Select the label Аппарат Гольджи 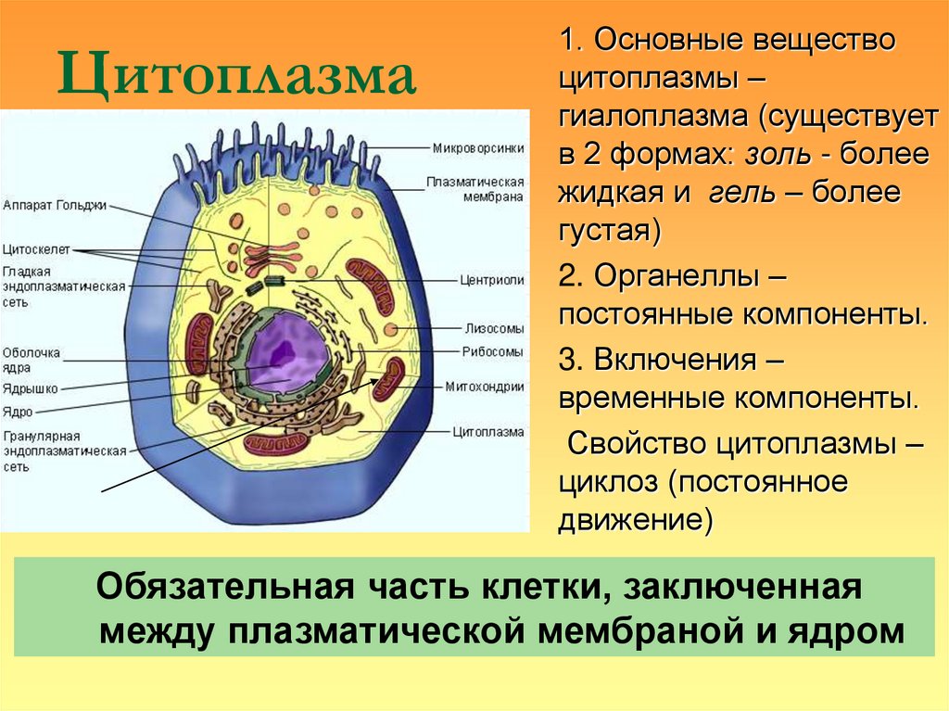point(55,205)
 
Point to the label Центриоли point(492,279)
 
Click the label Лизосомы point(494,328)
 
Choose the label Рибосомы point(493,352)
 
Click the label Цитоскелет point(33,250)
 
